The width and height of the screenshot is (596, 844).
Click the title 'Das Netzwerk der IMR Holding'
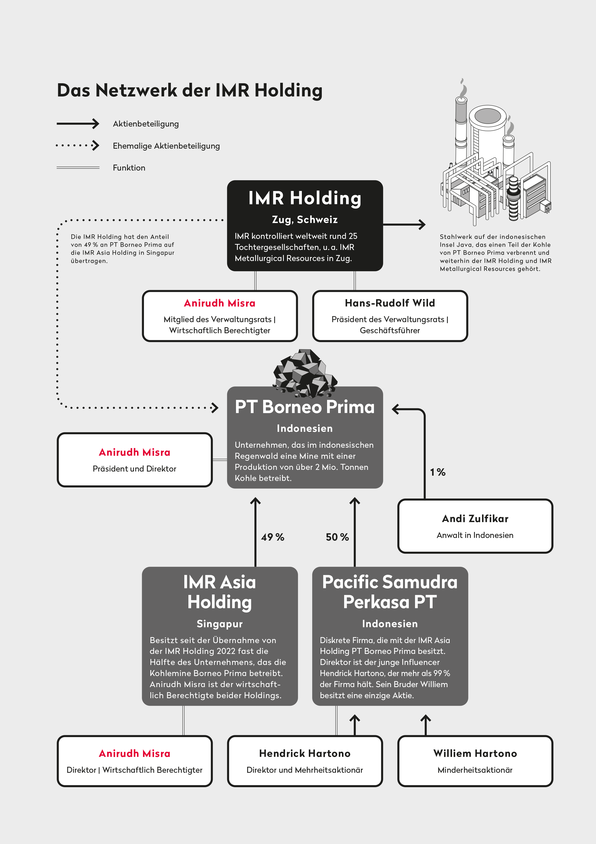tap(189, 91)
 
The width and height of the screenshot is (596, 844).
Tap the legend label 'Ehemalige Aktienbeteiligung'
tap(166, 146)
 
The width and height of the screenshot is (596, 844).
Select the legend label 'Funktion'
tap(129, 168)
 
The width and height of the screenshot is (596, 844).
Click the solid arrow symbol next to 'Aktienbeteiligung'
tap(78, 123)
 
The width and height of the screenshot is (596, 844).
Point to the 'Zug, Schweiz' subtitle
tap(305, 219)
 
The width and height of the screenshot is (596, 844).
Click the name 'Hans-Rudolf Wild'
tap(390, 303)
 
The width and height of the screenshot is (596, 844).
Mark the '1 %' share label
tap(438, 472)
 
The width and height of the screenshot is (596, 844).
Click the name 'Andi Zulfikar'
tap(475, 519)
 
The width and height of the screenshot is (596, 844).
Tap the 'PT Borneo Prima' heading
tap(305, 407)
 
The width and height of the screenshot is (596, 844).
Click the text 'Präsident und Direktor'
tap(134, 469)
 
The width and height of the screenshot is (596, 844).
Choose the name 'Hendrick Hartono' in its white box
tap(305, 754)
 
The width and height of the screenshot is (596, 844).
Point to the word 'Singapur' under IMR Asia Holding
tap(220, 624)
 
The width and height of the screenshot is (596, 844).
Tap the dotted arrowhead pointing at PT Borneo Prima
tap(215, 408)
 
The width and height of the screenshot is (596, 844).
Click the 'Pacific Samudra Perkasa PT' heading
tap(390, 592)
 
